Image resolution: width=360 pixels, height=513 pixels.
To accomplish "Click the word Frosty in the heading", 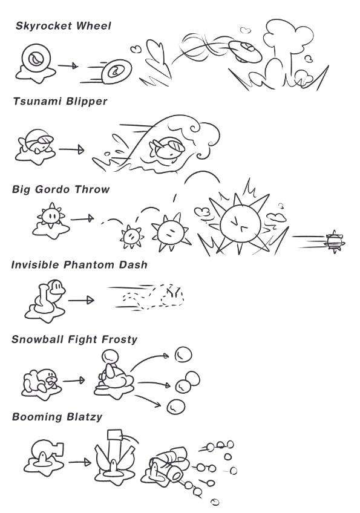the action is tap(119, 339).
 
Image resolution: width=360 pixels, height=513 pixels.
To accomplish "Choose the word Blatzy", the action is tap(85, 417).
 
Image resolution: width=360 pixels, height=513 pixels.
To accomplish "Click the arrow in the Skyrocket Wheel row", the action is tap(68, 66).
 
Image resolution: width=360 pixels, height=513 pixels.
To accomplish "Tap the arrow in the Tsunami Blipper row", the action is tap(71, 150).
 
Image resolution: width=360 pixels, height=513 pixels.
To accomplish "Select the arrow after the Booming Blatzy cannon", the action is tap(80, 462).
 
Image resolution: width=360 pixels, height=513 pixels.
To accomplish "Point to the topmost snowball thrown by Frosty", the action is tap(183, 355).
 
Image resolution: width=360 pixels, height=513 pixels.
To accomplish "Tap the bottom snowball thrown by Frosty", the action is tap(176, 407).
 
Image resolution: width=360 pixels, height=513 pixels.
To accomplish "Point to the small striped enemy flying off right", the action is tap(334, 242).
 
